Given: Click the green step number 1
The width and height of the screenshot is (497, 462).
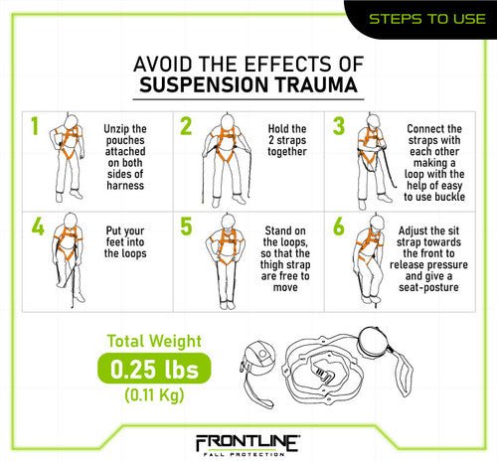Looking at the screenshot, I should point(34,127).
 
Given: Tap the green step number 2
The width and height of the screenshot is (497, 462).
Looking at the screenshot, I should point(187,127).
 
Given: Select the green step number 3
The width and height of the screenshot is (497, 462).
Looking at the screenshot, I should point(339,127).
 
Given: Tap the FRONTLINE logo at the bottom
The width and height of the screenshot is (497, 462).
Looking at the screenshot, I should point(248,439).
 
